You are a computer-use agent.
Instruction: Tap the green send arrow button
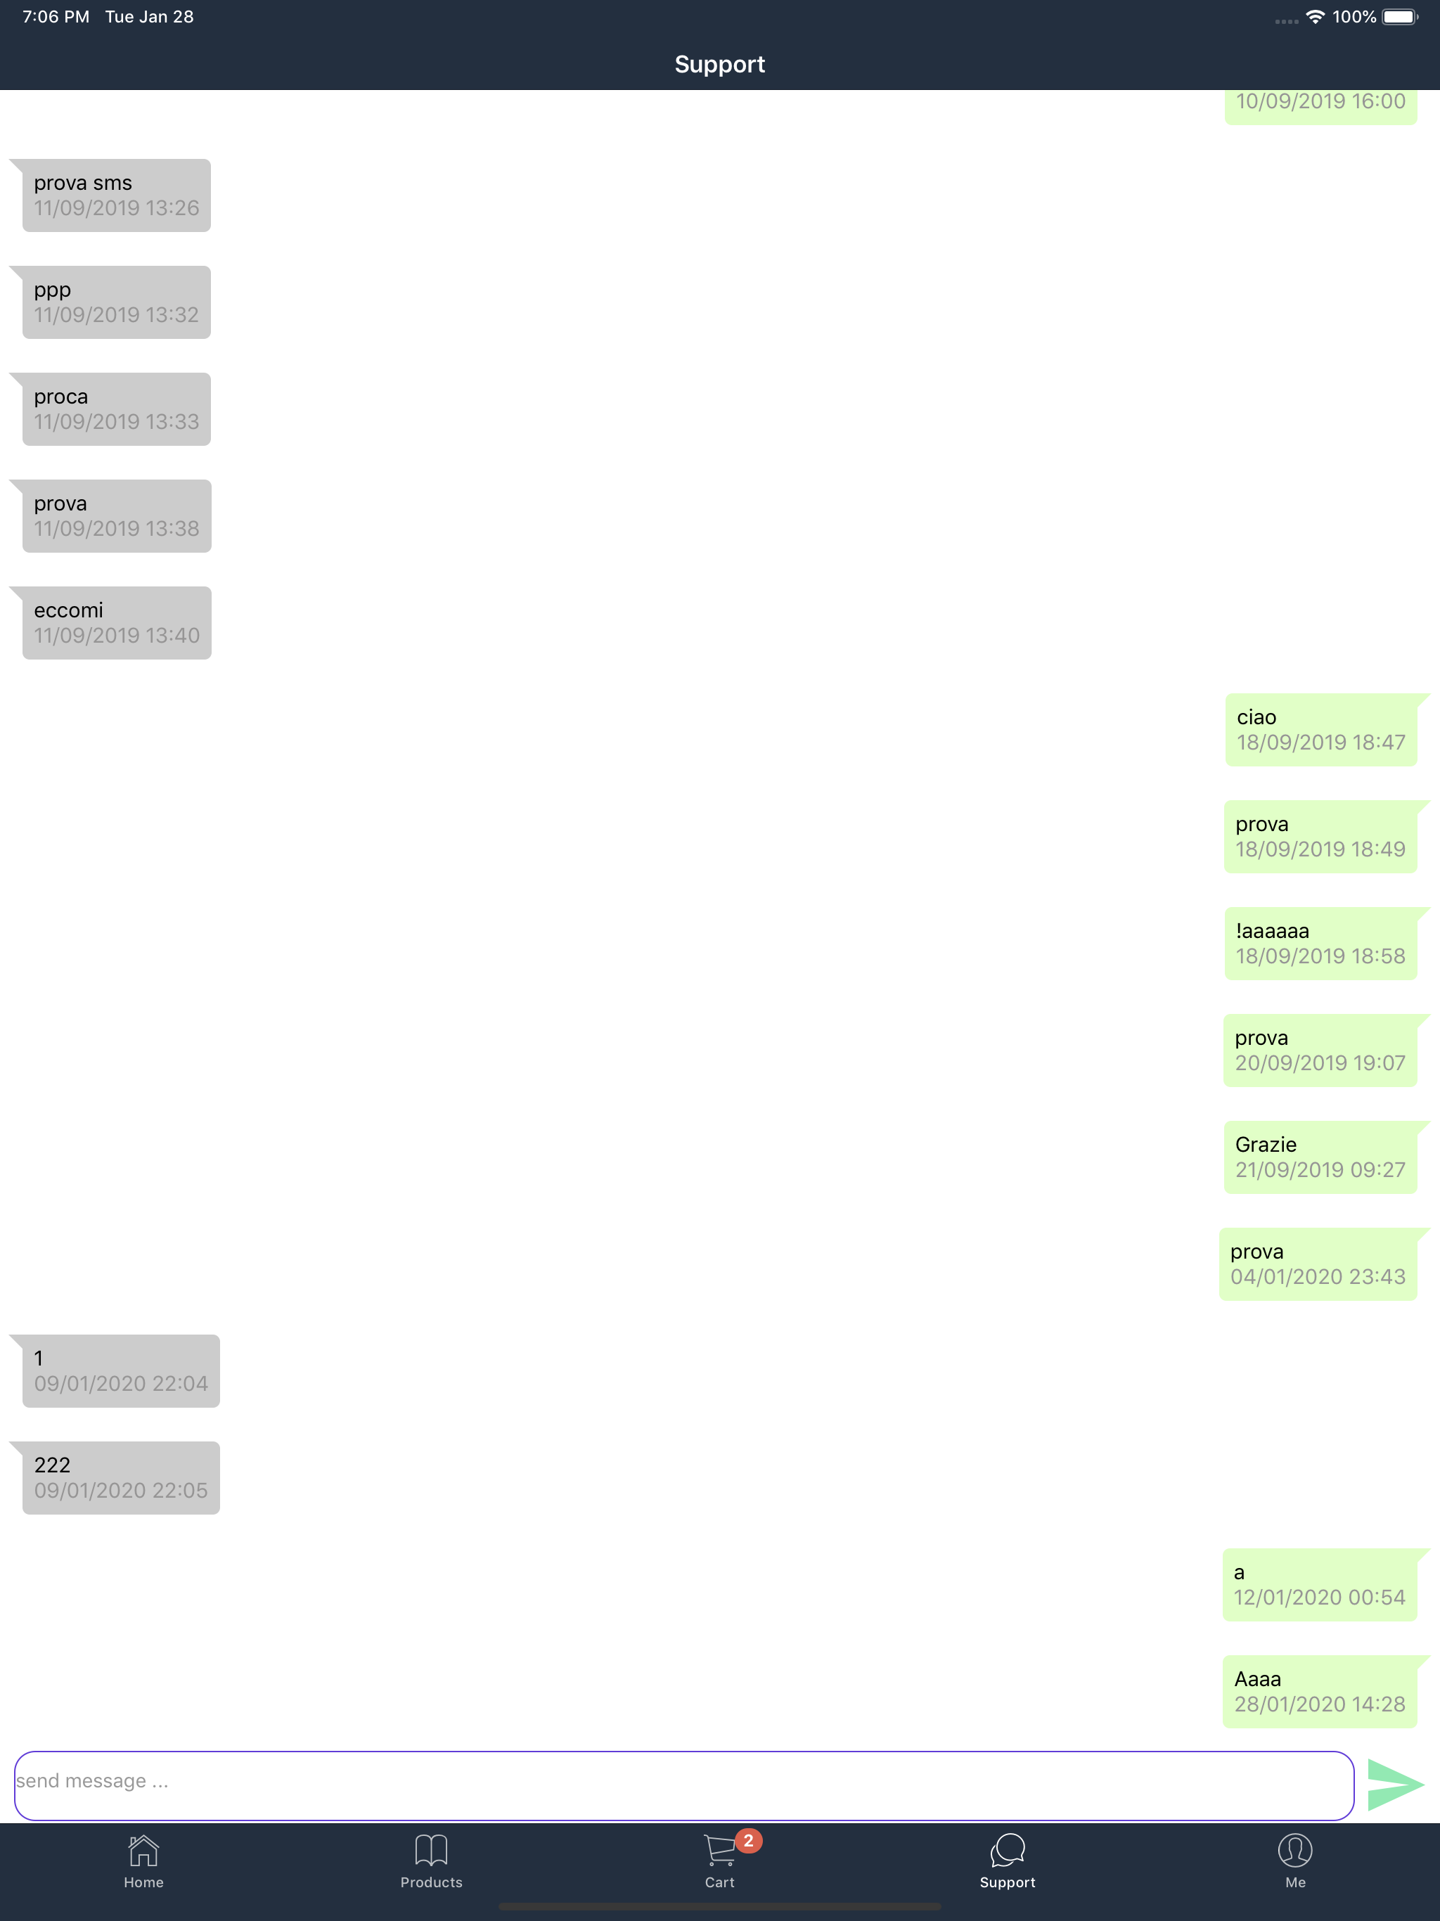tap(1395, 1785)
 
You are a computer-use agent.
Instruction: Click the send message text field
tap(683, 1785)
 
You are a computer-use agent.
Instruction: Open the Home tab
tap(143, 1862)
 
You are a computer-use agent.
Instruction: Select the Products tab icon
tap(431, 1850)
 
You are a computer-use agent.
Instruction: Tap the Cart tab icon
tap(720, 1851)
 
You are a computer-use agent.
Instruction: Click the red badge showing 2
tap(749, 1841)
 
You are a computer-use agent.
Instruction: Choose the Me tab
tap(1295, 1862)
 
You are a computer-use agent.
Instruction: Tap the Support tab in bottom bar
tap(1008, 1862)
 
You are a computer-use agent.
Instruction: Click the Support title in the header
tap(720, 64)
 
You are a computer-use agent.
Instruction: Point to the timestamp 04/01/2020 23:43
tap(1318, 1277)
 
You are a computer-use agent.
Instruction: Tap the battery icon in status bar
tap(1399, 18)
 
